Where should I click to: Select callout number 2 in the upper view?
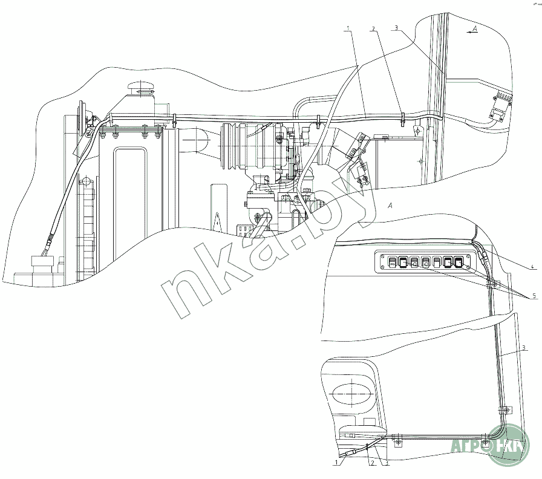pyautogui.click(x=374, y=28)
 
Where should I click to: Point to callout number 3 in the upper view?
pyautogui.click(x=396, y=28)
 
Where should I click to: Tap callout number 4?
pyautogui.click(x=531, y=266)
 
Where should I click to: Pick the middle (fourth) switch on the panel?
pyautogui.click(x=426, y=262)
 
